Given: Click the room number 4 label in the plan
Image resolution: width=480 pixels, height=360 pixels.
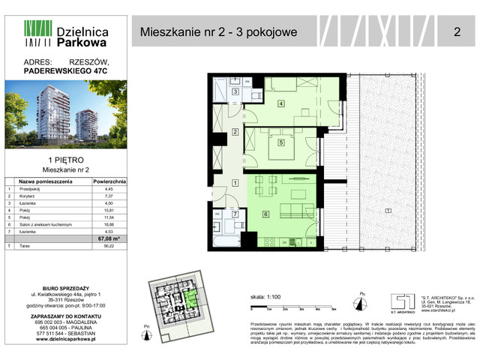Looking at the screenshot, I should tap(280, 103).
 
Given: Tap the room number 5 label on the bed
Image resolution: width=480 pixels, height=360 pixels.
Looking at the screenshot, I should tap(280, 142).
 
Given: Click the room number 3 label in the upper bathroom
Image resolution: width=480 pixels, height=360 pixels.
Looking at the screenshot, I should tap(235, 92).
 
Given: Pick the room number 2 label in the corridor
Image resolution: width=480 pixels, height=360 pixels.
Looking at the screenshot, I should tap(235, 133).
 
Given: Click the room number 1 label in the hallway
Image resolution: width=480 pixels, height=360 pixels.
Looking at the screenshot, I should tap(235, 183).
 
